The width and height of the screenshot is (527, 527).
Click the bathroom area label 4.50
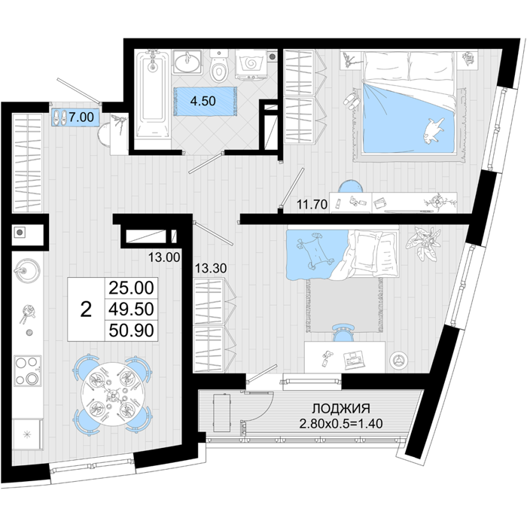coord(203,101)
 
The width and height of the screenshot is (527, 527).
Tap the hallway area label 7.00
coord(81,117)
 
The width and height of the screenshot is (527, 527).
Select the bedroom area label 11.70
coord(312,204)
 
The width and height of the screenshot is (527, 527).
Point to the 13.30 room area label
coord(211,268)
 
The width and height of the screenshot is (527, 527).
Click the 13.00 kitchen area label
coord(164,257)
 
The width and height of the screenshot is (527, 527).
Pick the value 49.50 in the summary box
coord(131,309)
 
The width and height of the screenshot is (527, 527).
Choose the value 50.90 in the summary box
coord(131,330)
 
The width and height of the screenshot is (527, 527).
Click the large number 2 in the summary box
coord(86,309)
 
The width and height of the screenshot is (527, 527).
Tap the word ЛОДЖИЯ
coord(341,408)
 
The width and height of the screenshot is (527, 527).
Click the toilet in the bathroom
coord(219,66)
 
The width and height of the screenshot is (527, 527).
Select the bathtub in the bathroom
coord(153,93)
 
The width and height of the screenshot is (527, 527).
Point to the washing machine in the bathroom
coord(251,65)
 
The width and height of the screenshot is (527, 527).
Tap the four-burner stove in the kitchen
coord(28,370)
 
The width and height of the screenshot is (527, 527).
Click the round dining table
coord(113,394)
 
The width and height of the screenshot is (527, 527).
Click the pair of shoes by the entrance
coord(59,117)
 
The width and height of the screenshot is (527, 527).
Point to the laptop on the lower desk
coord(354,358)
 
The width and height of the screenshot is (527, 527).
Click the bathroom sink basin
coord(187,62)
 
